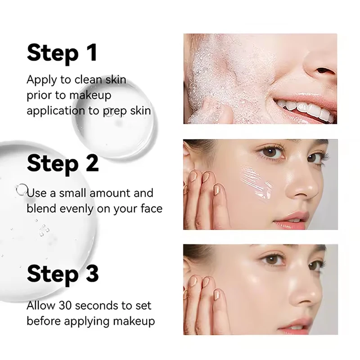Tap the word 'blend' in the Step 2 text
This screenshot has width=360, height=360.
pos(40,209)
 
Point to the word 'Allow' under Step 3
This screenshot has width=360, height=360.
pos(40,306)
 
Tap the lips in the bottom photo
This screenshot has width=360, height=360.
pos(294,324)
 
